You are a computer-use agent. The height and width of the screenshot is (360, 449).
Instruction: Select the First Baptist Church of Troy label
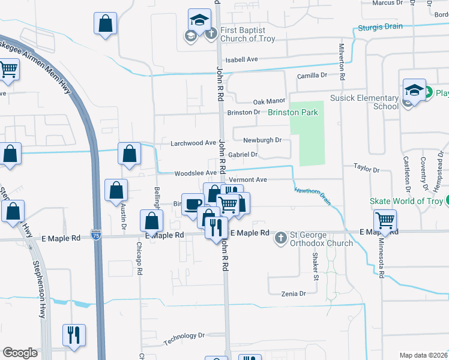click(247, 35)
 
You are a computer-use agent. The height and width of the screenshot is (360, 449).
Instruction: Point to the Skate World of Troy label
click(406, 200)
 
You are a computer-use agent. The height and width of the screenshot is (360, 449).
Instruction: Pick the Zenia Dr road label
click(294, 293)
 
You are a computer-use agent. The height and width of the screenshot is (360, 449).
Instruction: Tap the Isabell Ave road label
click(241, 59)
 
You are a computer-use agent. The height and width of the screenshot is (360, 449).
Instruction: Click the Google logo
click(20, 353)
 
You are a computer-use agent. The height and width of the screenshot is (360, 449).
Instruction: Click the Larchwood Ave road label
click(193, 143)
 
